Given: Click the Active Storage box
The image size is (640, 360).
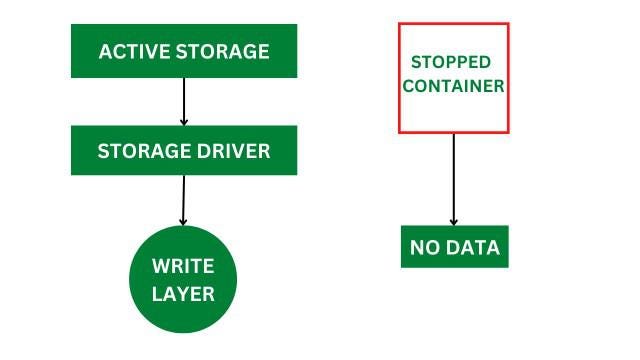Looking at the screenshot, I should pyautogui.click(x=184, y=51).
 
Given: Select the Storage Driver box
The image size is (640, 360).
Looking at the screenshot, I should pyautogui.click(x=184, y=150).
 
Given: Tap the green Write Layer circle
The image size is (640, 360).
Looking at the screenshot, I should pyautogui.click(x=184, y=279).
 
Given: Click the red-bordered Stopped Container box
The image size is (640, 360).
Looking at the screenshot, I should pyautogui.click(x=454, y=77).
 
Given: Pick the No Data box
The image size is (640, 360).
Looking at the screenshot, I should pyautogui.click(x=455, y=247).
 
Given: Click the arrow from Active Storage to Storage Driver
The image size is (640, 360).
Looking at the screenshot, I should pyautogui.click(x=184, y=101).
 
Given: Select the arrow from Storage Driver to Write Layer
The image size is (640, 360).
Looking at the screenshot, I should pyautogui.click(x=183, y=199).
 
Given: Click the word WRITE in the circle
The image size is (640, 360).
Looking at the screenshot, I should pyautogui.click(x=184, y=266).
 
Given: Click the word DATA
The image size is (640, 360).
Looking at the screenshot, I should pyautogui.click(x=474, y=247).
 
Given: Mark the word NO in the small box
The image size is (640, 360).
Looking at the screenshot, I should pyautogui.click(x=427, y=247).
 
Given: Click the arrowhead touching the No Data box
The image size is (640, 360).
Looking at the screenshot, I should pyautogui.click(x=454, y=221).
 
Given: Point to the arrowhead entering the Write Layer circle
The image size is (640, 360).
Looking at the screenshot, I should pyautogui.click(x=183, y=220).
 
